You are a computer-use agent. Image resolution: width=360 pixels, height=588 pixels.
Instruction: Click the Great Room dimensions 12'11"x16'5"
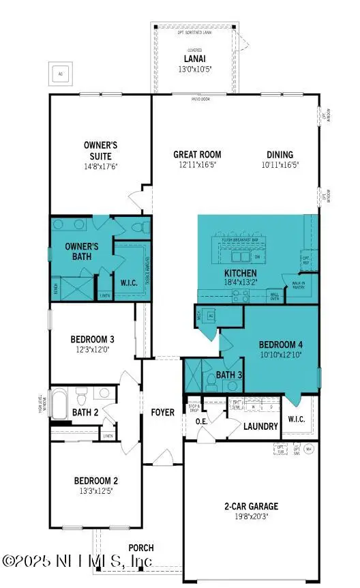click(x=197, y=164)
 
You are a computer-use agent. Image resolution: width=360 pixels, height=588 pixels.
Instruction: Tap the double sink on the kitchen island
click(x=240, y=258)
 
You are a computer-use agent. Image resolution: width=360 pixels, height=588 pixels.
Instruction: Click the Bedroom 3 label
click(x=92, y=339)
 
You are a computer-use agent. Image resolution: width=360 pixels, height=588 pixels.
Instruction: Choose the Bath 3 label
click(x=228, y=374)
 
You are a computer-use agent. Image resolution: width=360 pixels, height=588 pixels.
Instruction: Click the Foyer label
click(x=162, y=412)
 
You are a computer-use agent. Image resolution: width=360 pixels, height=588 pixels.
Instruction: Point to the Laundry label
click(x=261, y=426)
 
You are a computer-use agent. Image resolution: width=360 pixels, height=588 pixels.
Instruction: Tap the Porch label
click(x=141, y=547)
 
